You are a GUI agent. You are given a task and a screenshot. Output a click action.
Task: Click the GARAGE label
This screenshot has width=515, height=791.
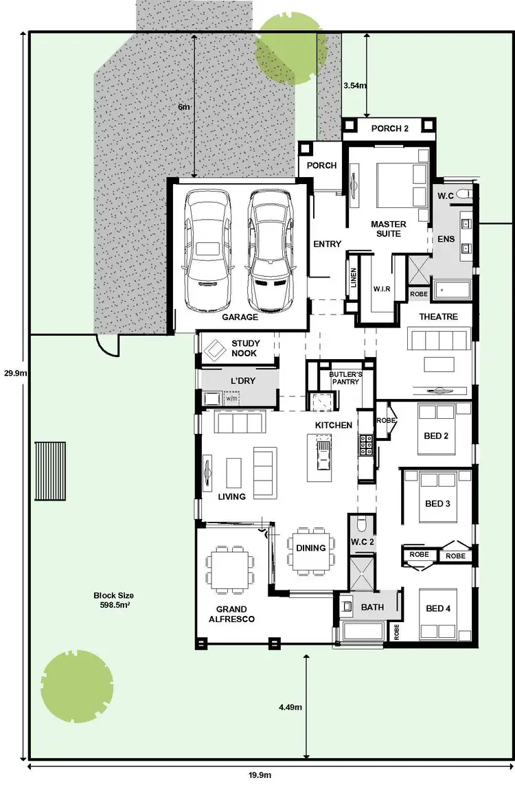click(240, 317)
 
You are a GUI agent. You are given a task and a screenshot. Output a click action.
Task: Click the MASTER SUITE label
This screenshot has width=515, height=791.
click(389, 229)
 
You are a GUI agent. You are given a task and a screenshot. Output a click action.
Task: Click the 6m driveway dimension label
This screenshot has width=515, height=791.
click(183, 107)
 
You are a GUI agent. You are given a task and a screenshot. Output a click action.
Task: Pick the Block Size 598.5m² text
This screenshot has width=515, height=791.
click(114, 601)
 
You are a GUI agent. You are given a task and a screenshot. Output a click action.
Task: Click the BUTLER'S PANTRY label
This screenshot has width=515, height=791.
click(345, 378)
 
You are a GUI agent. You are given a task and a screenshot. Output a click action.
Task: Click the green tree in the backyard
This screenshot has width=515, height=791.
click(76, 687)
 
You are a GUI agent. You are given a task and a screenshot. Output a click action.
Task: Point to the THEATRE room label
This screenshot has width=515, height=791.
click(438, 317)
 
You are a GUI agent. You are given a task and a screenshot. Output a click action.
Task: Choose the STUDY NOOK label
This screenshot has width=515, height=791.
click(244, 348)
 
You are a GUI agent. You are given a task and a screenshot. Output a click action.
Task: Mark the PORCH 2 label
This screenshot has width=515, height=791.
click(389, 128)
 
